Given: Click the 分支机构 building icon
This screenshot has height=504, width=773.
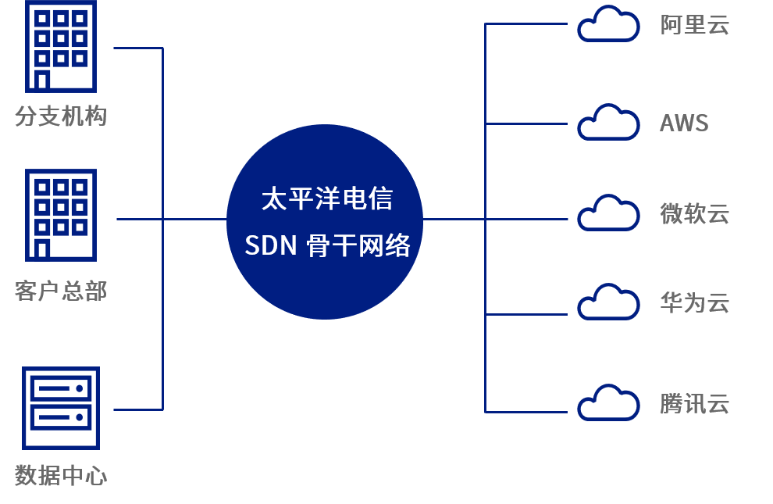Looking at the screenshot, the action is coord(61,46).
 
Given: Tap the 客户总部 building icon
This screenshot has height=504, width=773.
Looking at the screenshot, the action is coord(61,215).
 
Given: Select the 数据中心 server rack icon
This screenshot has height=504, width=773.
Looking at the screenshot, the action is coord(61,409).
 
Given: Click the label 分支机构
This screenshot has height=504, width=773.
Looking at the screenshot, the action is coord(61,116).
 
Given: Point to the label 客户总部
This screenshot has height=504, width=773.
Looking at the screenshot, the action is coord(61,291).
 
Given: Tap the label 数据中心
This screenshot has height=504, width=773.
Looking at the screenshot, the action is coord(61,475).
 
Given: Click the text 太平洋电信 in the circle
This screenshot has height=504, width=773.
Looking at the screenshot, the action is coord(326,198).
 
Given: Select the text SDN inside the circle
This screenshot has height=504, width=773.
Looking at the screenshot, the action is coord(271,245).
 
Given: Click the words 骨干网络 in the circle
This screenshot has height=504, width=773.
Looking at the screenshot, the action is coord(358,245).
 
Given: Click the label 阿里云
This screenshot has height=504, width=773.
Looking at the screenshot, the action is coord(695,25).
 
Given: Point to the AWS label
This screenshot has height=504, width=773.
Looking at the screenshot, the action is coord(684,123).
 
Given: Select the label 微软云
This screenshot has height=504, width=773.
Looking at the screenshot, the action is coord(695,214).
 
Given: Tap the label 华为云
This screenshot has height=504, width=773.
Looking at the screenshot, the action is coord(695,303).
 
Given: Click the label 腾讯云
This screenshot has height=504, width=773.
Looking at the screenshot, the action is coord(695,403).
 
